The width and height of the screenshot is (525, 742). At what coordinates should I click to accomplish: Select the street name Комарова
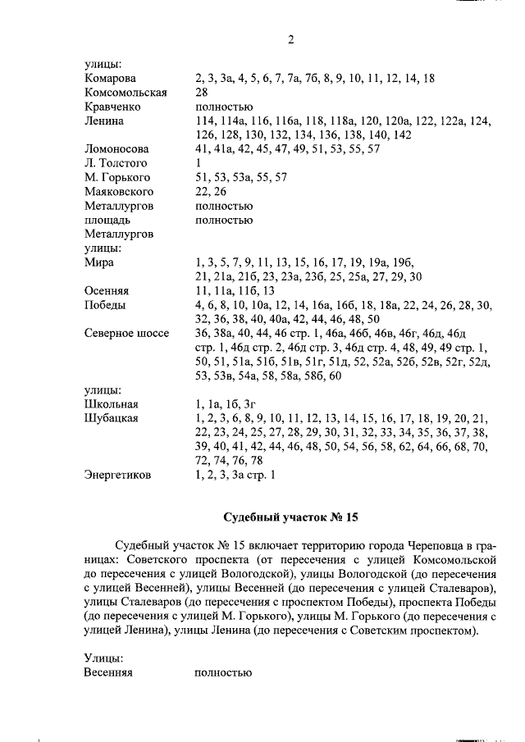112,78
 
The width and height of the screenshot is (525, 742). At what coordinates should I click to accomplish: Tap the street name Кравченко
112,107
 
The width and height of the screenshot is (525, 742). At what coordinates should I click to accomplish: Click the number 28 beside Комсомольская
202,92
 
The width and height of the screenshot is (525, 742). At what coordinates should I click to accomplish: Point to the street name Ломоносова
116,149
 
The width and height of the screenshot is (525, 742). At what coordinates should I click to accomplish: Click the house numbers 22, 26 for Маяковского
212,192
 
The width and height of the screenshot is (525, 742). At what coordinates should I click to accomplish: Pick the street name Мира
99,262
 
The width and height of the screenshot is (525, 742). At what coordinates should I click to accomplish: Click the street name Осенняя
107,291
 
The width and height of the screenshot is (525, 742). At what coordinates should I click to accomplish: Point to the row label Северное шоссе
126,334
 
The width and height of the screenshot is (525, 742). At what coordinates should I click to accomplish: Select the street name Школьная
112,404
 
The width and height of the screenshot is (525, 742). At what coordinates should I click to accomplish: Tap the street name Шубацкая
111,418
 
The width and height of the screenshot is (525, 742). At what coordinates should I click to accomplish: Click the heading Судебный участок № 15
290,517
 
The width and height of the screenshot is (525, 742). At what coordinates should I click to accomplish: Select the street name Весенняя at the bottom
108,673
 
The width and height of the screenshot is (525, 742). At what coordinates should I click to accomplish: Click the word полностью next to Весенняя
222,673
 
